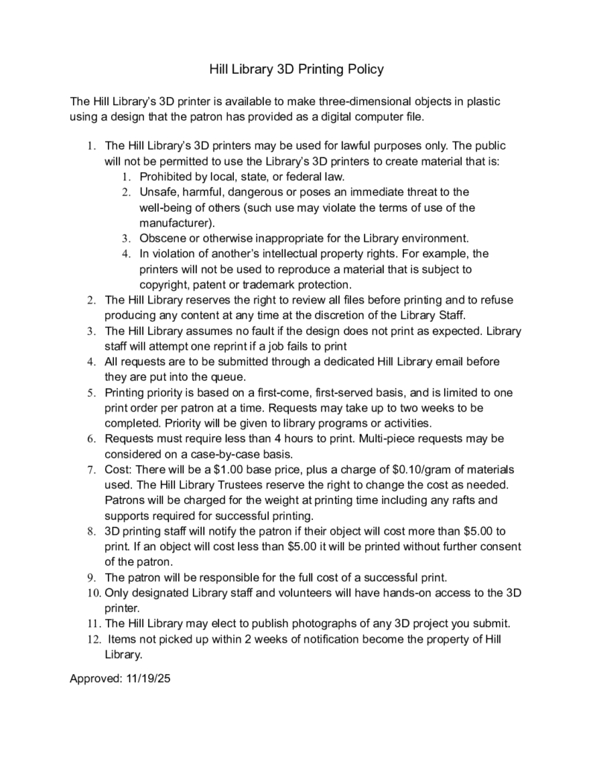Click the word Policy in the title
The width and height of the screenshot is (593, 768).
[x=363, y=69]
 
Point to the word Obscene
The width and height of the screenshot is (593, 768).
[x=162, y=239]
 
